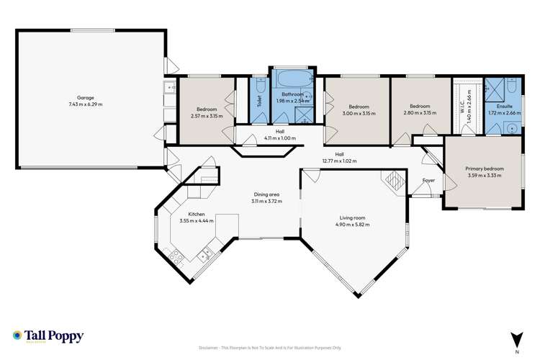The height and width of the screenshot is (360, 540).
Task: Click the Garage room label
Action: point(86,97)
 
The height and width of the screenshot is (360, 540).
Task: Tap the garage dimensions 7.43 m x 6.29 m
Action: point(86,104)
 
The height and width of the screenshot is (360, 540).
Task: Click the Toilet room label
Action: point(258,102)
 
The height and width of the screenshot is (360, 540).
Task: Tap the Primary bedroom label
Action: point(485,168)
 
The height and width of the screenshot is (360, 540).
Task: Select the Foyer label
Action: point(428,181)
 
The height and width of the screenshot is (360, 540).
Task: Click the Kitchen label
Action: point(197,214)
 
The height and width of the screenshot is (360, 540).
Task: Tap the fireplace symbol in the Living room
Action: point(395,180)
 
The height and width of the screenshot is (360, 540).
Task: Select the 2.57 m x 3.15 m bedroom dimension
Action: point(207,116)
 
